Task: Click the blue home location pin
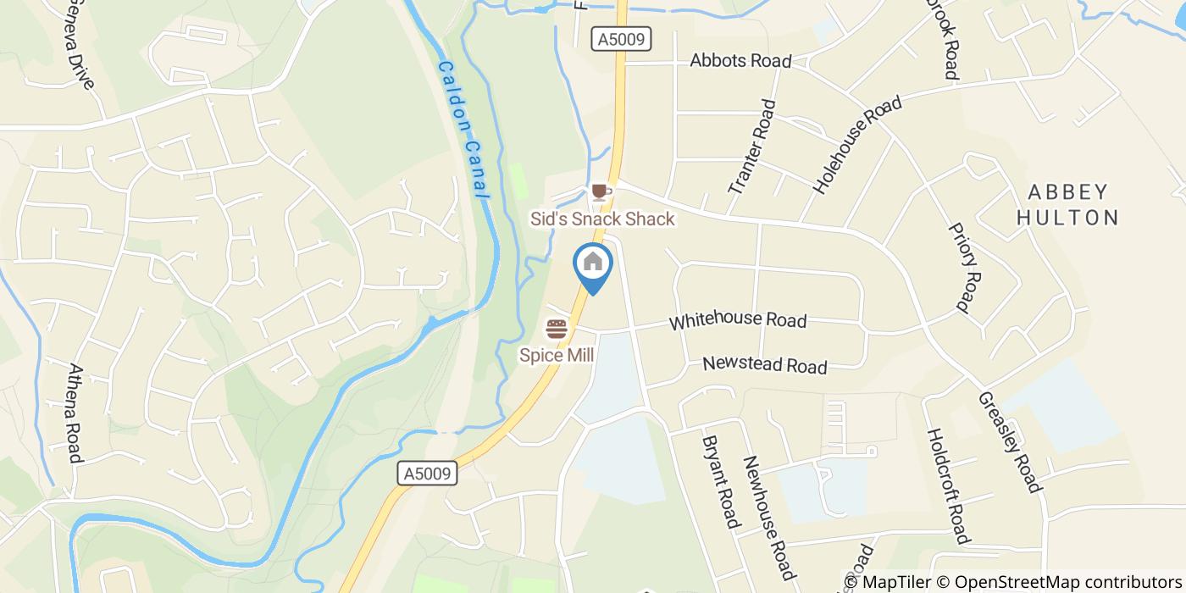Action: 593,264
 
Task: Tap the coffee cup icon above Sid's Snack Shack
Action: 601,192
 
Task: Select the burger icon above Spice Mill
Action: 556,329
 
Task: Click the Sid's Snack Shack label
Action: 602,219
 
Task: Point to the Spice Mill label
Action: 557,355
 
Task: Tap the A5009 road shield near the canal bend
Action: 427,474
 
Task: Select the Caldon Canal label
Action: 464,129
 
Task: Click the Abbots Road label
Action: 740,61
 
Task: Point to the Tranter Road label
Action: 751,146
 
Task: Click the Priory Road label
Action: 965,267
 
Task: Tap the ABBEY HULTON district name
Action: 1067,204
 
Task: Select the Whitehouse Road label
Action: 737,321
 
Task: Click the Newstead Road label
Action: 764,365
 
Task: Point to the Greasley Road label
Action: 1008,441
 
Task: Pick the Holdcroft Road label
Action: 946,485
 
